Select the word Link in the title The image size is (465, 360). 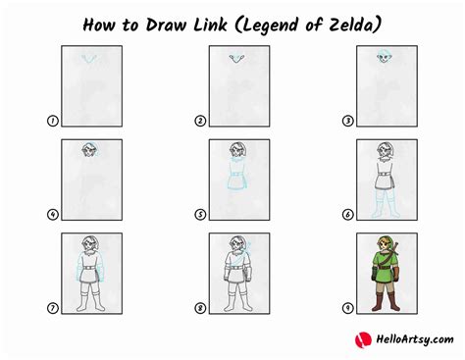210,25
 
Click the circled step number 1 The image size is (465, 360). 52,121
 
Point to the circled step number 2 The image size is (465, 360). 200,121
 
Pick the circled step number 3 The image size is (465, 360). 347,121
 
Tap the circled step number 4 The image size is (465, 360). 52,215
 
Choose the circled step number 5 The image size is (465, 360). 200,215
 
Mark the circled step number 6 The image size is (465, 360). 347,215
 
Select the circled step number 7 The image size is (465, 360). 52,308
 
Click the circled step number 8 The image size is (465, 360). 200,308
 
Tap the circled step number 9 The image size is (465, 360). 347,308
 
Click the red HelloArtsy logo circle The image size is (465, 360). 363,339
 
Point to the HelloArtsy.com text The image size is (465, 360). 415,339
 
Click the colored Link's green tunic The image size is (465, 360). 386,268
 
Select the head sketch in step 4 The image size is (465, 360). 89,150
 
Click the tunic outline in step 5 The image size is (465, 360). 237,177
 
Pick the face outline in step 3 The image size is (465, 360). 384,58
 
